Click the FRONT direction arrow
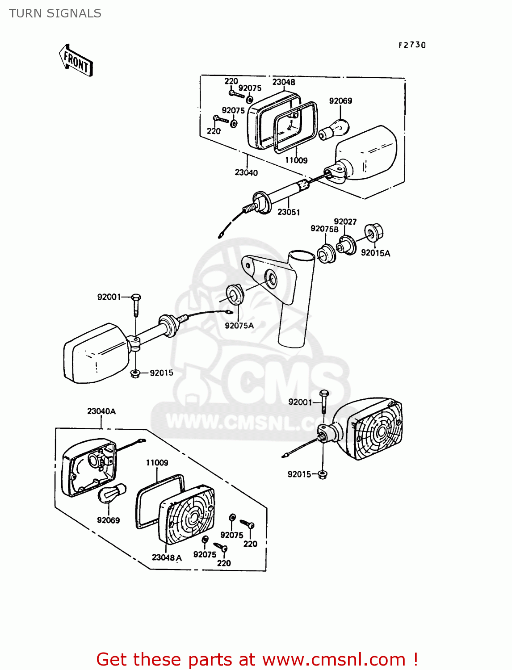[76, 61]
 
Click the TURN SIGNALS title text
[55, 13]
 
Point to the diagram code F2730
[412, 45]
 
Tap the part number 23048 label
[284, 82]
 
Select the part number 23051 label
[289, 212]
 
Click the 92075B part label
[324, 229]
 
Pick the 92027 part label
[345, 222]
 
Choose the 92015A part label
[375, 253]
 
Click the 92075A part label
[239, 326]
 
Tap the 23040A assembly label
[101, 411]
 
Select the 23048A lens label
[167, 557]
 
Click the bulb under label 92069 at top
[333, 130]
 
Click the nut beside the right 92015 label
[323, 474]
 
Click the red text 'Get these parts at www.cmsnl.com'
[257, 659]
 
